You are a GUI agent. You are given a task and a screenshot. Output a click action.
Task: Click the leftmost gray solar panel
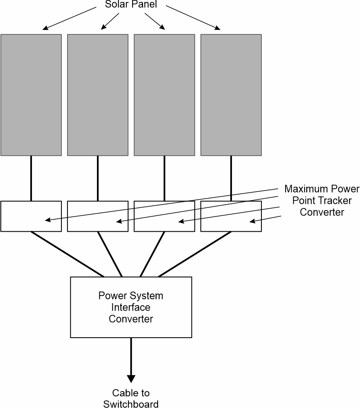(31, 95)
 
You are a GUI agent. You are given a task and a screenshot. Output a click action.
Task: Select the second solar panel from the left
(98, 95)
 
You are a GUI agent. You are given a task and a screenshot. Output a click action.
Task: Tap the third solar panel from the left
(164, 95)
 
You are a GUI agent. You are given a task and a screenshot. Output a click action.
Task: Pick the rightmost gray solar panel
(231, 95)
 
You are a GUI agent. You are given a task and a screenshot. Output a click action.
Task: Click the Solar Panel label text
(131, 5)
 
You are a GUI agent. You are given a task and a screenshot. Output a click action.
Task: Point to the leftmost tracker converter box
(20, 216)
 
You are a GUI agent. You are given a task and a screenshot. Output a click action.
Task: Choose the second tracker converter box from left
(87, 216)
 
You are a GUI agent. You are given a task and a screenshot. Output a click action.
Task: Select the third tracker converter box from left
(154, 216)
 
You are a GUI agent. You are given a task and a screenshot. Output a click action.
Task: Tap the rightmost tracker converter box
(220, 216)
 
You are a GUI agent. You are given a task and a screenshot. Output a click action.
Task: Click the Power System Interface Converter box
(131, 323)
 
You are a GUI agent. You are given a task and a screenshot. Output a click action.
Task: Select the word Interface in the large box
(131, 307)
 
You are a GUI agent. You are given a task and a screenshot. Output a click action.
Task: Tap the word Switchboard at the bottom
(131, 404)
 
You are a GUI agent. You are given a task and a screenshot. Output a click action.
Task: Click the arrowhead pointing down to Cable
(131, 378)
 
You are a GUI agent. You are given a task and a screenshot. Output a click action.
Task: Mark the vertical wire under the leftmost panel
(31, 178)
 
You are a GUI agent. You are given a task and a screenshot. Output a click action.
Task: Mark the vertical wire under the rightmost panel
(231, 178)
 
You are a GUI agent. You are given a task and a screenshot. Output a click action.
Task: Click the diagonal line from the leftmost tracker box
(67, 254)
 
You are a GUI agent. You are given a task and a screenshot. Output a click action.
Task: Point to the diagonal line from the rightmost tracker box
(195, 254)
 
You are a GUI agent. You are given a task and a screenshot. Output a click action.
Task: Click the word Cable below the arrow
(125, 393)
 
